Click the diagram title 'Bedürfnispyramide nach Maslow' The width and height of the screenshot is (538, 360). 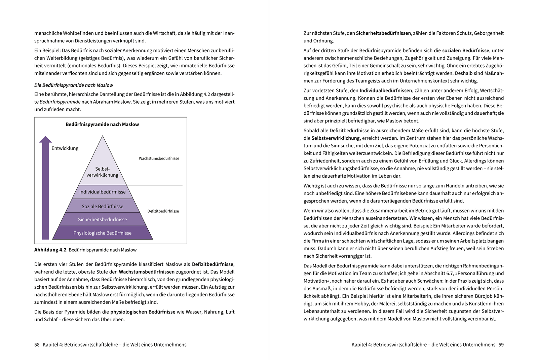point(102,124)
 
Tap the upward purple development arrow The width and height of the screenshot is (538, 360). point(45,188)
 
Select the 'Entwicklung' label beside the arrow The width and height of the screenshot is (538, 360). point(65,148)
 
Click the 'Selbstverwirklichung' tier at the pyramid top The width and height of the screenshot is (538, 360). point(102,172)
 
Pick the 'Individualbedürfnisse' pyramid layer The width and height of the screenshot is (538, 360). point(102,192)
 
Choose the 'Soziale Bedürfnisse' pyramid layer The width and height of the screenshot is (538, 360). point(102,206)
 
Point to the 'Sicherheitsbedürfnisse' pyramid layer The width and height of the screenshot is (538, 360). point(102,219)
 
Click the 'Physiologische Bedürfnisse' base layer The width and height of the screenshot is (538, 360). point(102,233)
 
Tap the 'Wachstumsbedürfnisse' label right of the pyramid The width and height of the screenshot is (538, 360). point(159,158)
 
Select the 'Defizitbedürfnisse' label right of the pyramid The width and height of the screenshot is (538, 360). point(163,211)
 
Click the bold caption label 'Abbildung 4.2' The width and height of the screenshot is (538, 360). point(50,250)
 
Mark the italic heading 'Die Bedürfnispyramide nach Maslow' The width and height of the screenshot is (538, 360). point(74,85)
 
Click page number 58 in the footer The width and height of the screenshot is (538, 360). point(37,345)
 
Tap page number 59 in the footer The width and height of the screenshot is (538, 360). point(501,345)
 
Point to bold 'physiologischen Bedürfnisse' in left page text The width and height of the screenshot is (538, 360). point(143,312)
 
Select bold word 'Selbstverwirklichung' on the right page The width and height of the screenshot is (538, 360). point(336,138)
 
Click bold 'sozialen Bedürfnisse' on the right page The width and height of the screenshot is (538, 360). point(466,50)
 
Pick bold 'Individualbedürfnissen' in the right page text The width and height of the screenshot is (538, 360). point(386,91)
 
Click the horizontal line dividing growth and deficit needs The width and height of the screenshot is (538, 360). point(155,185)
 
